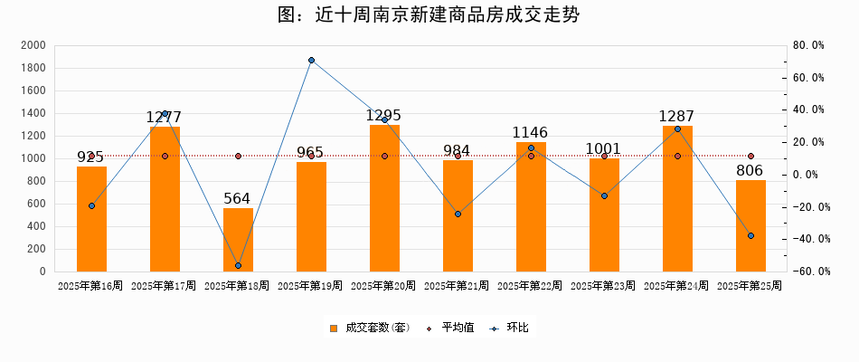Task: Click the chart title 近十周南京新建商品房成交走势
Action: [429, 15]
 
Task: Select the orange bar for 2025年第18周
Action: [238, 240]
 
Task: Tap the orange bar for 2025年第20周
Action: [384, 199]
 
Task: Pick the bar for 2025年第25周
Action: [750, 226]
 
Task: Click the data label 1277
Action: [164, 118]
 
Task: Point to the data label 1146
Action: [531, 133]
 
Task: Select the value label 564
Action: [238, 199]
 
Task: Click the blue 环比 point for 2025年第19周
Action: [311, 61]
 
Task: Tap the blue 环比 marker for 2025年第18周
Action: [238, 265]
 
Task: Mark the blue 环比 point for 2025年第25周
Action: [750, 235]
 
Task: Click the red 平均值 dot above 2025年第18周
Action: [238, 156]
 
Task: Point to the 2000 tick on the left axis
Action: [33, 45]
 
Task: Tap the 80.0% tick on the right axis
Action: [807, 45]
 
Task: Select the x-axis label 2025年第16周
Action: [90, 286]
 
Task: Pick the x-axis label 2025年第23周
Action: [603, 286]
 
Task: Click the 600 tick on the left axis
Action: [36, 204]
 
